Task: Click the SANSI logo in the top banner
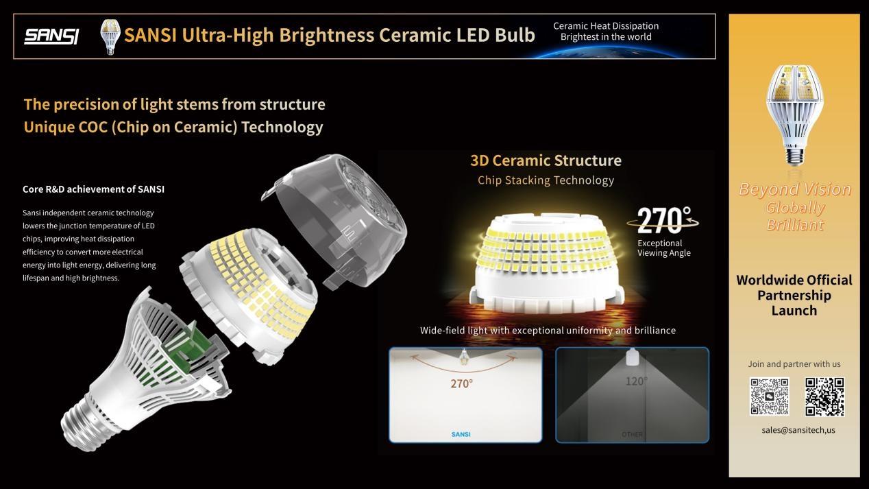(51, 36)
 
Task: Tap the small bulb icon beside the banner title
(110, 37)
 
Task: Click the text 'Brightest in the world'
(606, 37)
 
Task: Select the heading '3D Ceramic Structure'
(546, 160)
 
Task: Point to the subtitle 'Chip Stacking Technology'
(546, 180)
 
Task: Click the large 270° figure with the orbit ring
(663, 220)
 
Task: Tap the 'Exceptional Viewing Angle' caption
(664, 248)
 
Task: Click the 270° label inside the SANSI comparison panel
(462, 383)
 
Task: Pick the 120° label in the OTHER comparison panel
(637, 381)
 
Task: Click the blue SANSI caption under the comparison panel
(461, 434)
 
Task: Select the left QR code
(770, 396)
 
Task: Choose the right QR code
(824, 396)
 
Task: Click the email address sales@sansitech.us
(798, 430)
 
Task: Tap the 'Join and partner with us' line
(794, 364)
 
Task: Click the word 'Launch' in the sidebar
(794, 311)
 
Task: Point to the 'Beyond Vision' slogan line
(795, 189)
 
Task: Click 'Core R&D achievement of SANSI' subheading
(93, 189)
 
